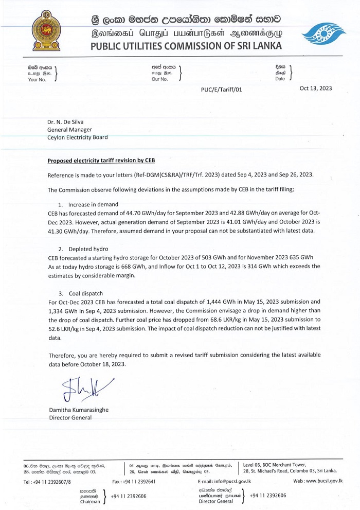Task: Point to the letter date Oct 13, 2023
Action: tap(316, 88)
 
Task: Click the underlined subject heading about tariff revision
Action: tap(101, 161)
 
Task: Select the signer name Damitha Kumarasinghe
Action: tap(79, 410)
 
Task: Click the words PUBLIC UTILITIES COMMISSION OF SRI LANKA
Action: tap(186, 46)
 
